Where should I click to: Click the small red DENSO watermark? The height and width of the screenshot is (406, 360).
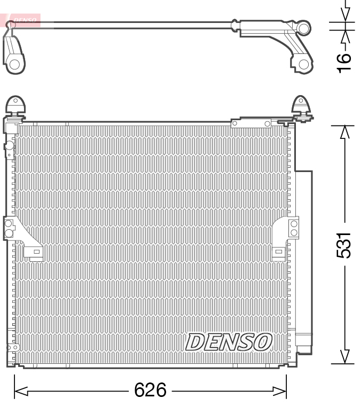[25, 21]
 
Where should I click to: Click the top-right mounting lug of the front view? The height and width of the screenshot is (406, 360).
[302, 105]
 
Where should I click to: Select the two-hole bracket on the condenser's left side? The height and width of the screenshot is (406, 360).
[10, 229]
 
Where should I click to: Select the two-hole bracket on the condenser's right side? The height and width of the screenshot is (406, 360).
[294, 228]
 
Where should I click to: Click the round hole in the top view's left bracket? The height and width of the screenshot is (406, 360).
[14, 65]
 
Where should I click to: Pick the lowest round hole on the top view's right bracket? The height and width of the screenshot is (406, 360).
[303, 64]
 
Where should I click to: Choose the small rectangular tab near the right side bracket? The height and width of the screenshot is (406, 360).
[278, 251]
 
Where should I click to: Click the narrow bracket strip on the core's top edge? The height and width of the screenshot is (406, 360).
[251, 123]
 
